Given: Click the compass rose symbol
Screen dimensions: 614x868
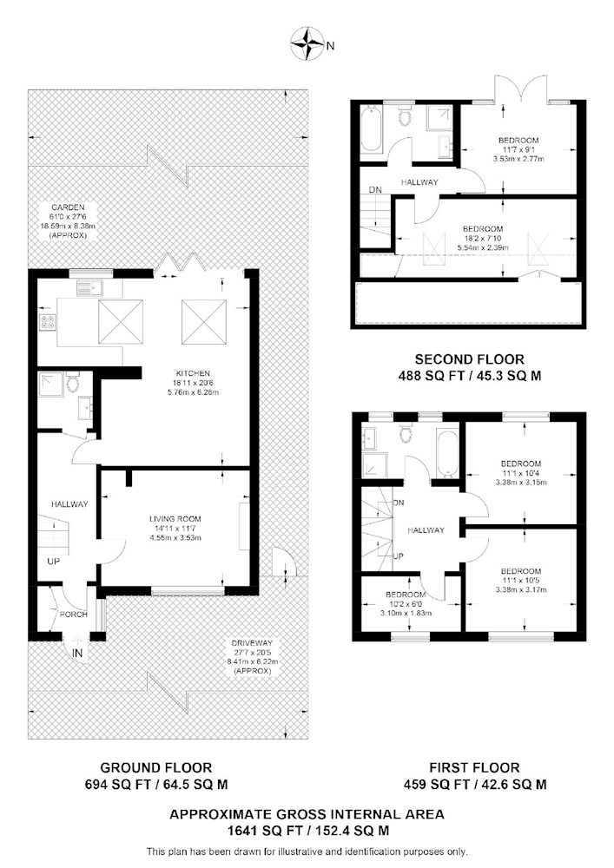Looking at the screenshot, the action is pos(307,45).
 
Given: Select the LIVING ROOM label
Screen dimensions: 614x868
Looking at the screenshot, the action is pos(175,519).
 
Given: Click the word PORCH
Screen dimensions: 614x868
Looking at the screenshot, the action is pos(74,614).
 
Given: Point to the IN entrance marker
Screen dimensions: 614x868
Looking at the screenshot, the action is pos(77,654).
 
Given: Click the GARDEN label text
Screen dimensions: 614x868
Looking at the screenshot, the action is pos(66,207).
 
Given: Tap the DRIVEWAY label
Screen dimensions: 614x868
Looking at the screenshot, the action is pos(252,643).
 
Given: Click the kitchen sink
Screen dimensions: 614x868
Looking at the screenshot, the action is pos(90,288).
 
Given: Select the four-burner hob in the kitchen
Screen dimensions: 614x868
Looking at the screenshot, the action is pos(47,322).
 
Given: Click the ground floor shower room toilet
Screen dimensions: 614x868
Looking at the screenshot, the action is pos(72,382).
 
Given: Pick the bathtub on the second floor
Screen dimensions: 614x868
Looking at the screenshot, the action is pos(371,129).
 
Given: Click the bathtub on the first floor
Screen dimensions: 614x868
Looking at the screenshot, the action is pos(446,451).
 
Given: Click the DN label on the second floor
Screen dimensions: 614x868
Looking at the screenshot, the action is pos(375,189).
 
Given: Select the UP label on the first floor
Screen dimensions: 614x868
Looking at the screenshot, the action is pos(398,556).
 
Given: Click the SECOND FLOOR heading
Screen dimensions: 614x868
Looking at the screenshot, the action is pos(470,359).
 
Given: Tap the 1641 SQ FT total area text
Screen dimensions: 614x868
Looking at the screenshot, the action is pos(263,831).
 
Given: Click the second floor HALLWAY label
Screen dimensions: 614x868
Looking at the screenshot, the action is pos(419,181).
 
